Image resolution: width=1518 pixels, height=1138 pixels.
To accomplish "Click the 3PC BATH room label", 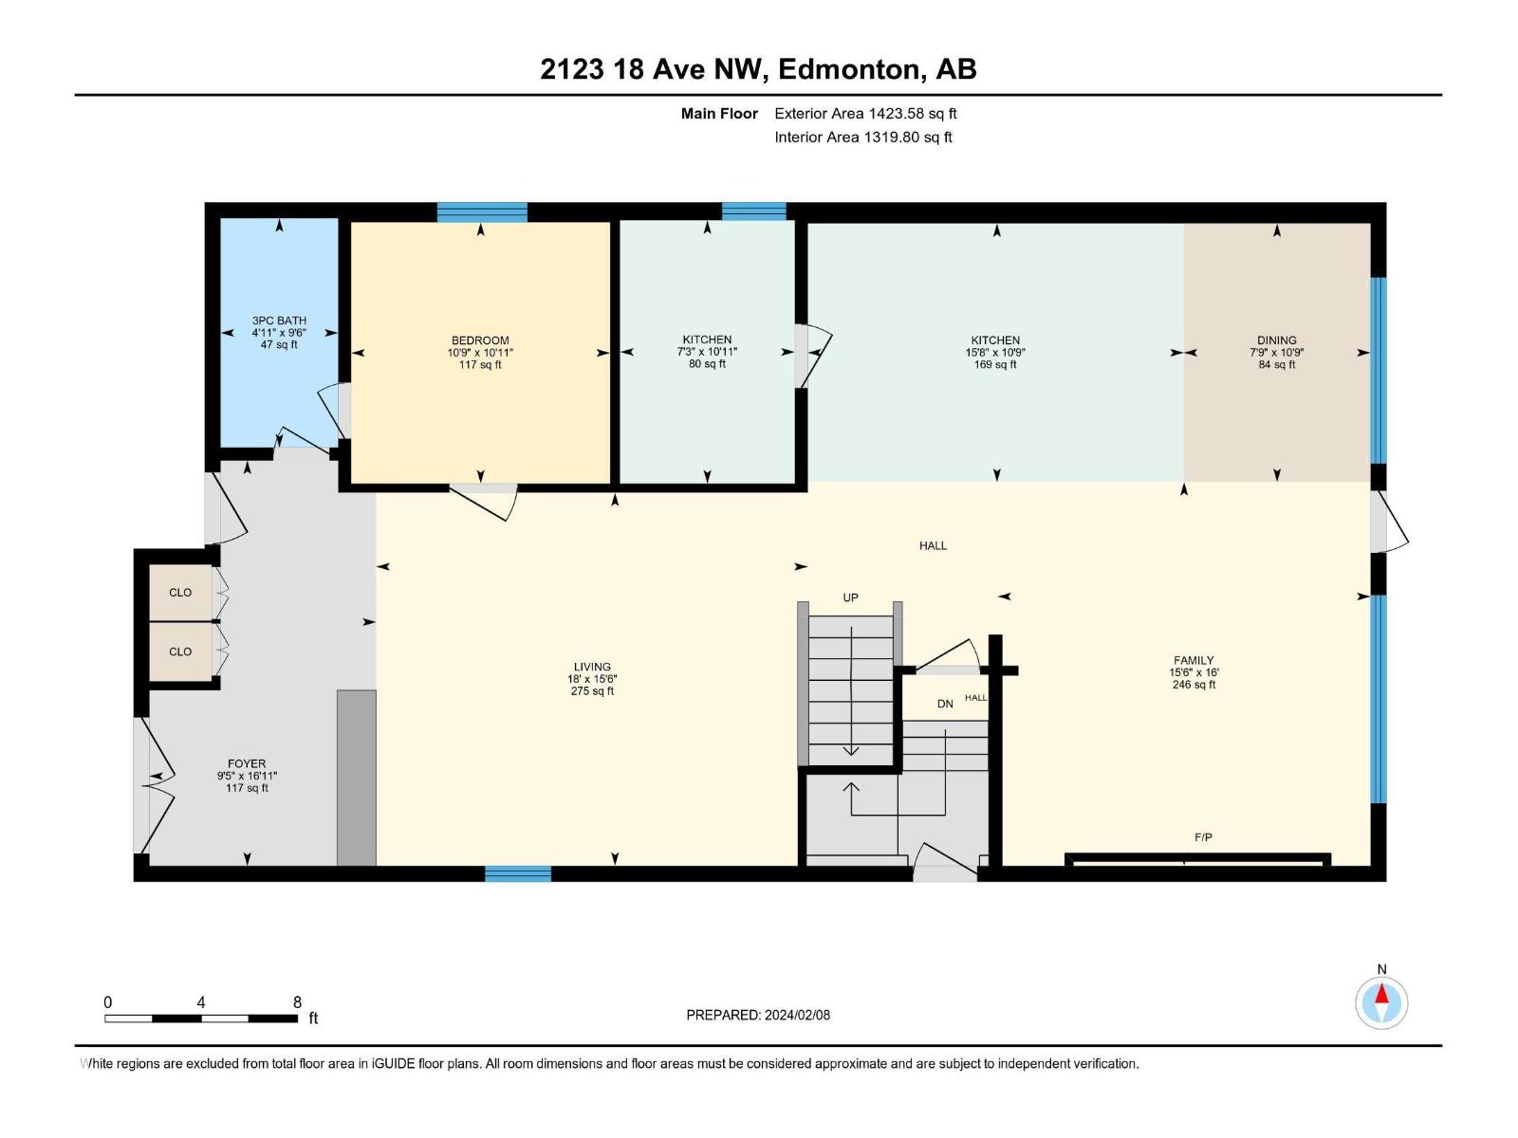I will tap(279, 321).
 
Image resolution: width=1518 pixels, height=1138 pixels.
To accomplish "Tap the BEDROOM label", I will tap(480, 340).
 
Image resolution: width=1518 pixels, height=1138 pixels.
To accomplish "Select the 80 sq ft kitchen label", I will tap(707, 340).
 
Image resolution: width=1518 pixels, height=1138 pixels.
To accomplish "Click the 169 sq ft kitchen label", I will tap(995, 340).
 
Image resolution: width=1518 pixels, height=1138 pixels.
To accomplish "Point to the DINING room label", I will tap(1276, 340).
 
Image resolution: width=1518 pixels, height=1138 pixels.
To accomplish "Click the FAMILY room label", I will tap(1194, 661).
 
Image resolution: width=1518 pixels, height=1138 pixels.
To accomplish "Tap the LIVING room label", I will tap(592, 667).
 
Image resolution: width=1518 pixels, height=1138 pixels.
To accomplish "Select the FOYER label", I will tap(247, 763).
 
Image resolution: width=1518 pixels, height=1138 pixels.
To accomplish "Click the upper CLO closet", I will tap(180, 593).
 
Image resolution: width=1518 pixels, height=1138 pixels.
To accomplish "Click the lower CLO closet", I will tap(180, 652).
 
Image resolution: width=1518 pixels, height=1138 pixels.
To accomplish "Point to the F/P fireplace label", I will tap(1203, 837).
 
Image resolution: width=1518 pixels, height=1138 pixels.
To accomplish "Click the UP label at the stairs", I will tap(850, 597).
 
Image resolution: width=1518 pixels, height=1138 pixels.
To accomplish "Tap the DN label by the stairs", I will tap(945, 704).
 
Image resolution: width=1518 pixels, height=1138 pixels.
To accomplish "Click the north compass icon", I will tap(1381, 1002).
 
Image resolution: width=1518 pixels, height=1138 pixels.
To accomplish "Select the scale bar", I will tap(201, 1019).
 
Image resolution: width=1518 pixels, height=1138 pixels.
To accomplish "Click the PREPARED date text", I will tap(758, 1015).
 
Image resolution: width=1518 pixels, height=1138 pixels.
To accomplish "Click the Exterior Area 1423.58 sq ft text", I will tap(865, 114).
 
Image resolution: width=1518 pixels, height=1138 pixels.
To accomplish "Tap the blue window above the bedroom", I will tap(482, 212).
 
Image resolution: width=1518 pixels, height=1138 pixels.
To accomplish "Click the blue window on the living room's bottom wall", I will tap(518, 873).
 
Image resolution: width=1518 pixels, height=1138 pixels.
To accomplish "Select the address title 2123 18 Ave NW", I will tap(758, 69).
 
